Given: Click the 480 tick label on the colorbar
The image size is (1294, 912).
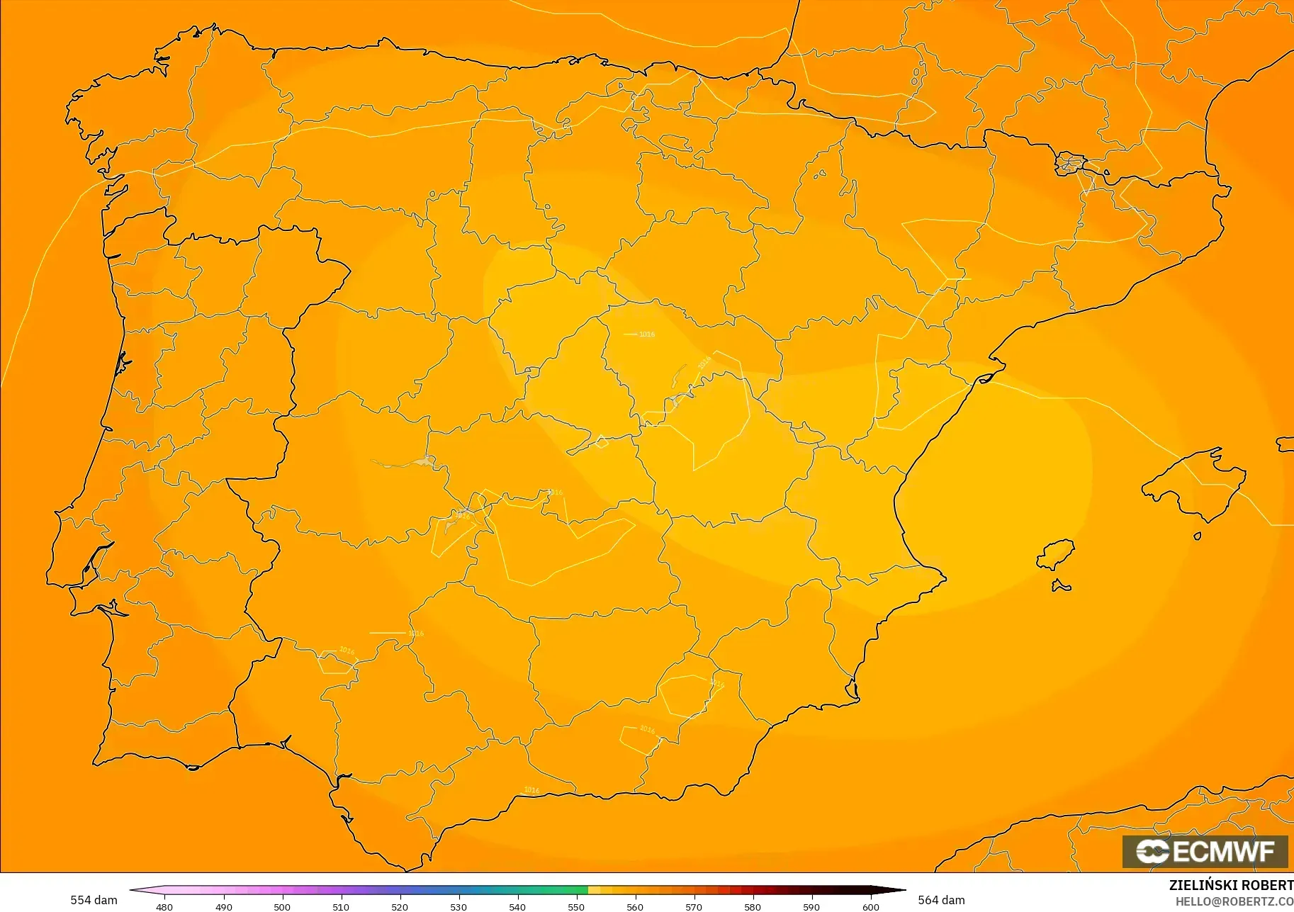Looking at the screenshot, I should click(x=164, y=907).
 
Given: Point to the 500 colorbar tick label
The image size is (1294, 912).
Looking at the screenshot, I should click(x=282, y=907).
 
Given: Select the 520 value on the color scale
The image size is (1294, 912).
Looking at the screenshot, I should click(x=400, y=907).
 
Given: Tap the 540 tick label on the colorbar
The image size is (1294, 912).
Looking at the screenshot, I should click(x=517, y=907).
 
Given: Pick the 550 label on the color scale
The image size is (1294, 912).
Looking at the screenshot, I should click(x=576, y=907).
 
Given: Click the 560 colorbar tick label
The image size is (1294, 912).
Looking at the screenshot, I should click(x=635, y=907).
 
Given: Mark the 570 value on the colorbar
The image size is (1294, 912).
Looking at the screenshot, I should click(x=694, y=907).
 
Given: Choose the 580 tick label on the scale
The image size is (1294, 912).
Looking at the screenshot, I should click(x=753, y=907).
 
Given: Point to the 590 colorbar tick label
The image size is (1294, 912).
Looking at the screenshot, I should click(x=811, y=907).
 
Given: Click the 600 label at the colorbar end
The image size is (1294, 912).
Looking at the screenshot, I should click(x=870, y=907).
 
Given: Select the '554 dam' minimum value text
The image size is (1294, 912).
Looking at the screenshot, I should click(x=94, y=900).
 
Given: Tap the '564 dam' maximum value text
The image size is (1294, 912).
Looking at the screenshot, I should click(x=941, y=900).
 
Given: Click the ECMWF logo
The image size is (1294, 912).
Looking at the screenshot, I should click(x=1205, y=851).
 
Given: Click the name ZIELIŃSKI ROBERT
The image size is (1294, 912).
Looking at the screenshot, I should click(x=1231, y=885).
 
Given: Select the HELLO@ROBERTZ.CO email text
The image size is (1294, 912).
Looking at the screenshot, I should click(x=1234, y=901).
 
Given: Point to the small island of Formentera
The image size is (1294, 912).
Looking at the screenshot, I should click(x=1061, y=586).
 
